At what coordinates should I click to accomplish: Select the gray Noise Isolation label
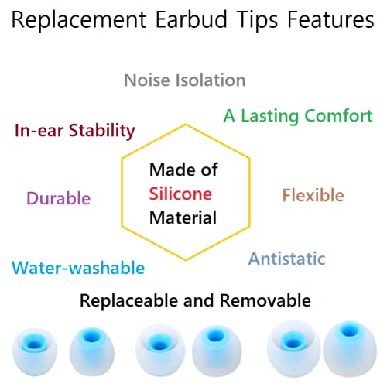[185, 80]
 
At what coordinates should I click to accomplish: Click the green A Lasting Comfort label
[298, 116]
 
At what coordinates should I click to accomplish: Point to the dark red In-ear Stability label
[75, 130]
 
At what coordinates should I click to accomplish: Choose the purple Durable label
[59, 197]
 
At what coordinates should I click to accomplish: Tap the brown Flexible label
[313, 195]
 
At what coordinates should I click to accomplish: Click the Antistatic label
[286, 259]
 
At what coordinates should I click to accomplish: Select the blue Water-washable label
[78, 268]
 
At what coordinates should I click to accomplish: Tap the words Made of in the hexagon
[183, 170]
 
